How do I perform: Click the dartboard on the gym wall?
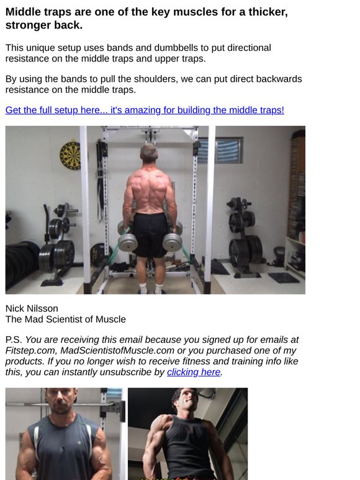(70, 155)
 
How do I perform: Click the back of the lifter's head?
(148, 153)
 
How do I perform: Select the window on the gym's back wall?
(221, 150)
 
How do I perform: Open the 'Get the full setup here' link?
(145, 110)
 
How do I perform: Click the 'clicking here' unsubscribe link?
(194, 372)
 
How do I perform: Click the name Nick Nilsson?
(31, 308)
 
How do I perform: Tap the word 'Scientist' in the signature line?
(66, 319)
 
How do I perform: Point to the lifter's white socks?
(151, 288)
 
